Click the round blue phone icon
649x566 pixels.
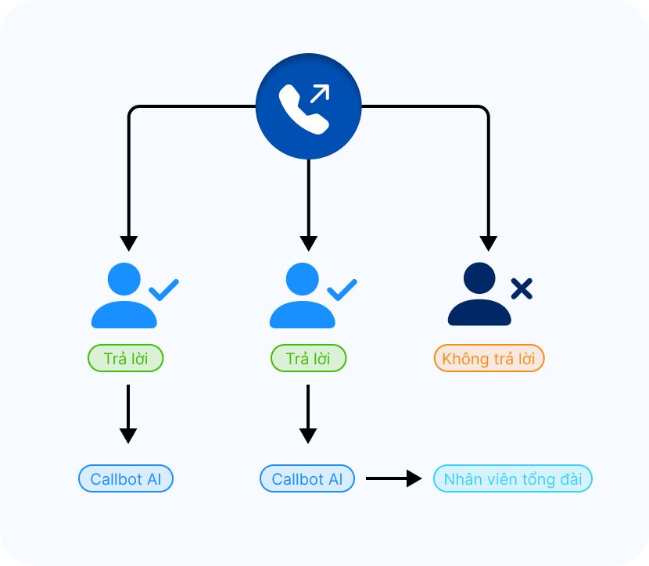[309, 106]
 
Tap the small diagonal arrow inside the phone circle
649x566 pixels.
[319, 94]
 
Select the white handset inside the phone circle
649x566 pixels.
[302, 110]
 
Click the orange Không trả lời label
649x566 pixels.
[489, 359]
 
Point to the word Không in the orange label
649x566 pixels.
[464, 359]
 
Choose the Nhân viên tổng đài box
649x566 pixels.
[513, 479]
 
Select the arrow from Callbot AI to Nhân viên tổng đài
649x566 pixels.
[393, 478]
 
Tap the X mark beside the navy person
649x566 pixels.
[522, 289]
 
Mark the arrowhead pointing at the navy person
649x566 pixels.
[489, 242]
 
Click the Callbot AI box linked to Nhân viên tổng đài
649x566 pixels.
[307, 479]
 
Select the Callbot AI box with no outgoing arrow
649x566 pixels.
[126, 479]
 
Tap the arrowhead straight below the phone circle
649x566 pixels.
[309, 242]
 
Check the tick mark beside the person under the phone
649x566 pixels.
[342, 290]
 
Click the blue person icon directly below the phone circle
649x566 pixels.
[302, 296]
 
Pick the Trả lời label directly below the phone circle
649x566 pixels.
[308, 359]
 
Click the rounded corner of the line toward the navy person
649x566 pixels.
[485, 109]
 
